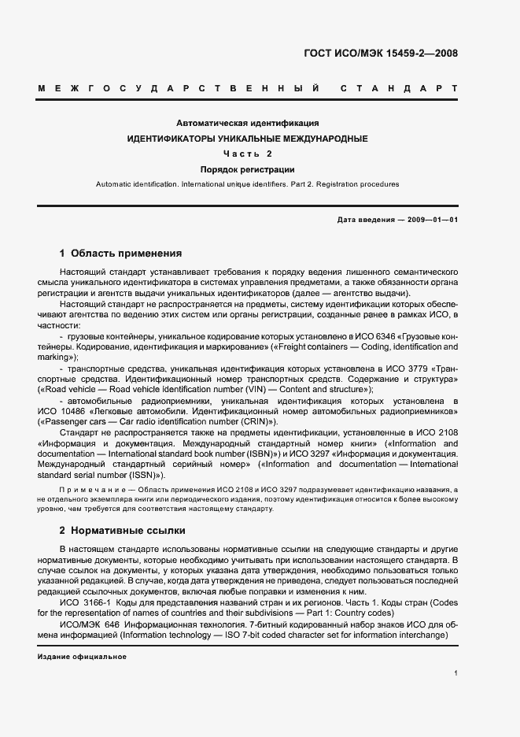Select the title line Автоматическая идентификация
point(247,124)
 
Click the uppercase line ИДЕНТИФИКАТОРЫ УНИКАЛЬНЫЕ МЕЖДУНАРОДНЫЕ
point(247,139)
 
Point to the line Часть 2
point(247,154)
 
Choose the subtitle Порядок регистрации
point(247,169)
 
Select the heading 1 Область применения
point(121,254)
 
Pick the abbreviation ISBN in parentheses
point(254,454)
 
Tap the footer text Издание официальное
point(82,656)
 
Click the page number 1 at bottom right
point(455,673)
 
